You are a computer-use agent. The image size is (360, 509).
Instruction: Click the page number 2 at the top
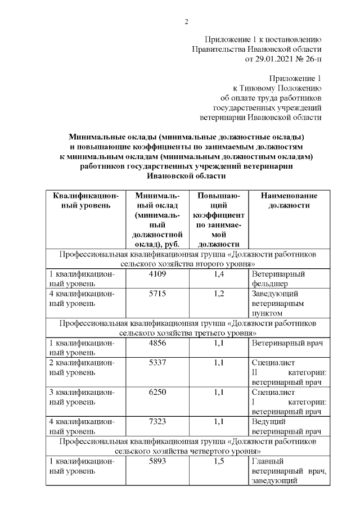tap(186, 22)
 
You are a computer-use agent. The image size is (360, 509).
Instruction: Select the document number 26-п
tap(312, 58)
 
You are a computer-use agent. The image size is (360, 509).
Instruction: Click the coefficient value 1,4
tap(219, 274)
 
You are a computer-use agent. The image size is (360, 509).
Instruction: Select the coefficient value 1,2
tap(219, 294)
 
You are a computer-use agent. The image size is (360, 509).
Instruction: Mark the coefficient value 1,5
tap(219, 461)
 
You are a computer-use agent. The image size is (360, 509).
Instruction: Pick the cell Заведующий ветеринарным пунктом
tap(278, 303)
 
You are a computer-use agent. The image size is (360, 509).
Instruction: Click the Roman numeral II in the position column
tap(255, 372)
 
